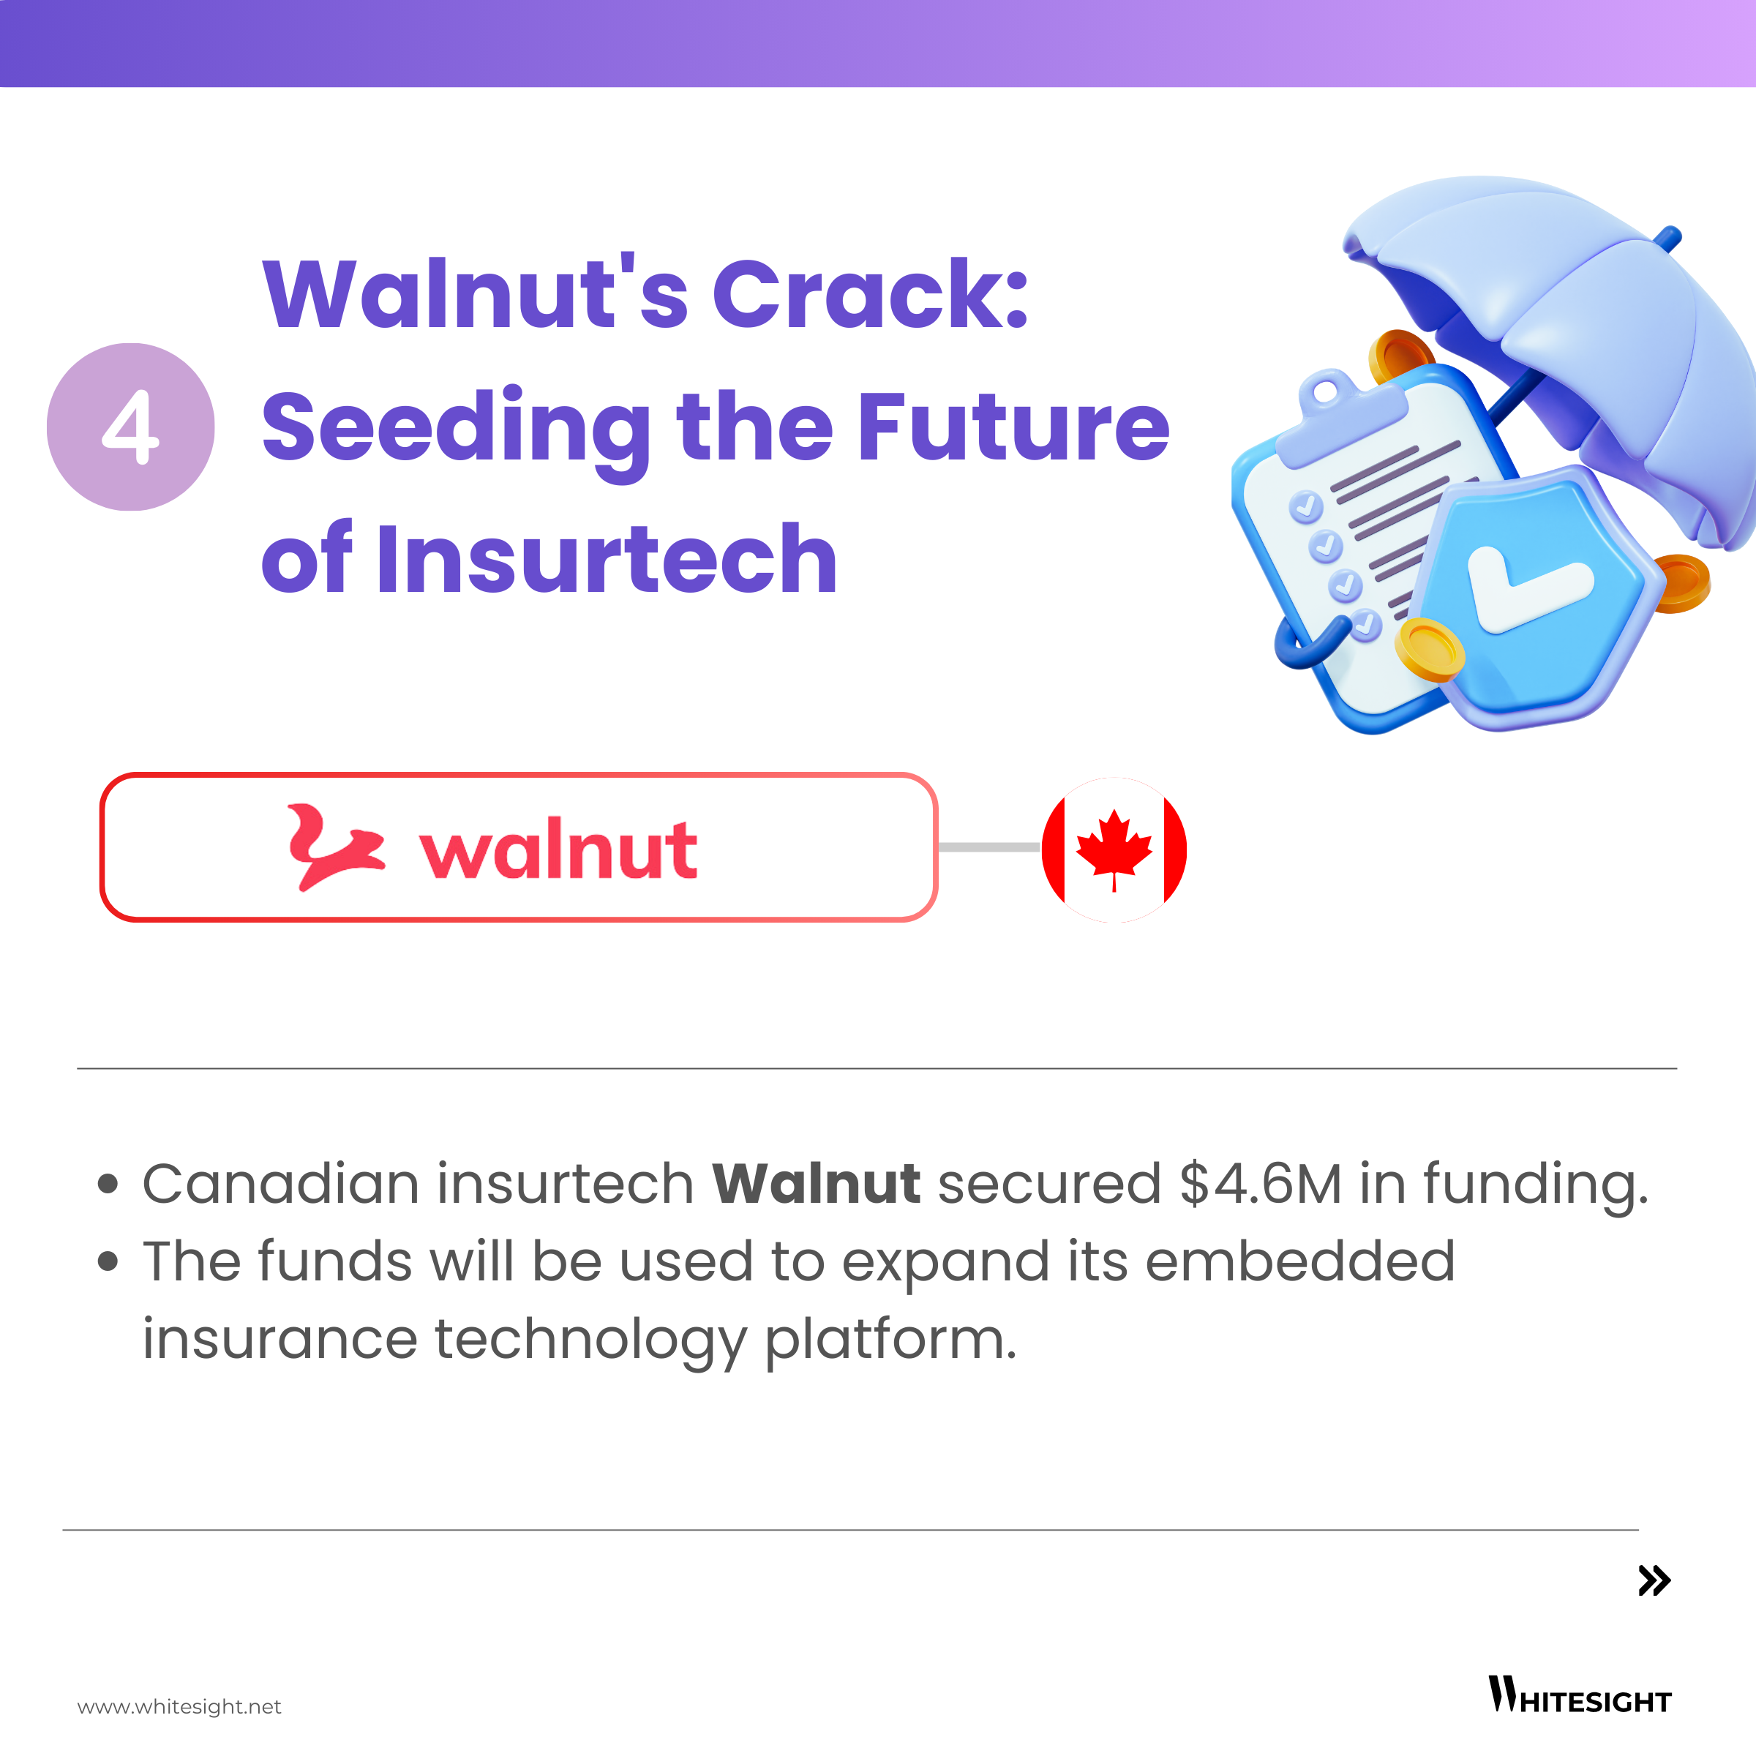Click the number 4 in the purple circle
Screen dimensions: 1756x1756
pos(131,427)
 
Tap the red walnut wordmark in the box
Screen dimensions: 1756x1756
pos(558,849)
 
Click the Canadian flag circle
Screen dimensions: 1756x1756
pos(1114,849)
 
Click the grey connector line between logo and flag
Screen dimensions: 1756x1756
pos(990,847)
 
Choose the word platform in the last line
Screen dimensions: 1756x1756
pos(890,1340)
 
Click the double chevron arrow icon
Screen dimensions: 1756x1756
pos(1654,1580)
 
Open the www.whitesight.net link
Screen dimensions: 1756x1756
pos(179,1706)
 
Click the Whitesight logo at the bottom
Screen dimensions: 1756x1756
pos(1580,1695)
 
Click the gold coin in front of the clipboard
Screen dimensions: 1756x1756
pos(1430,649)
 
